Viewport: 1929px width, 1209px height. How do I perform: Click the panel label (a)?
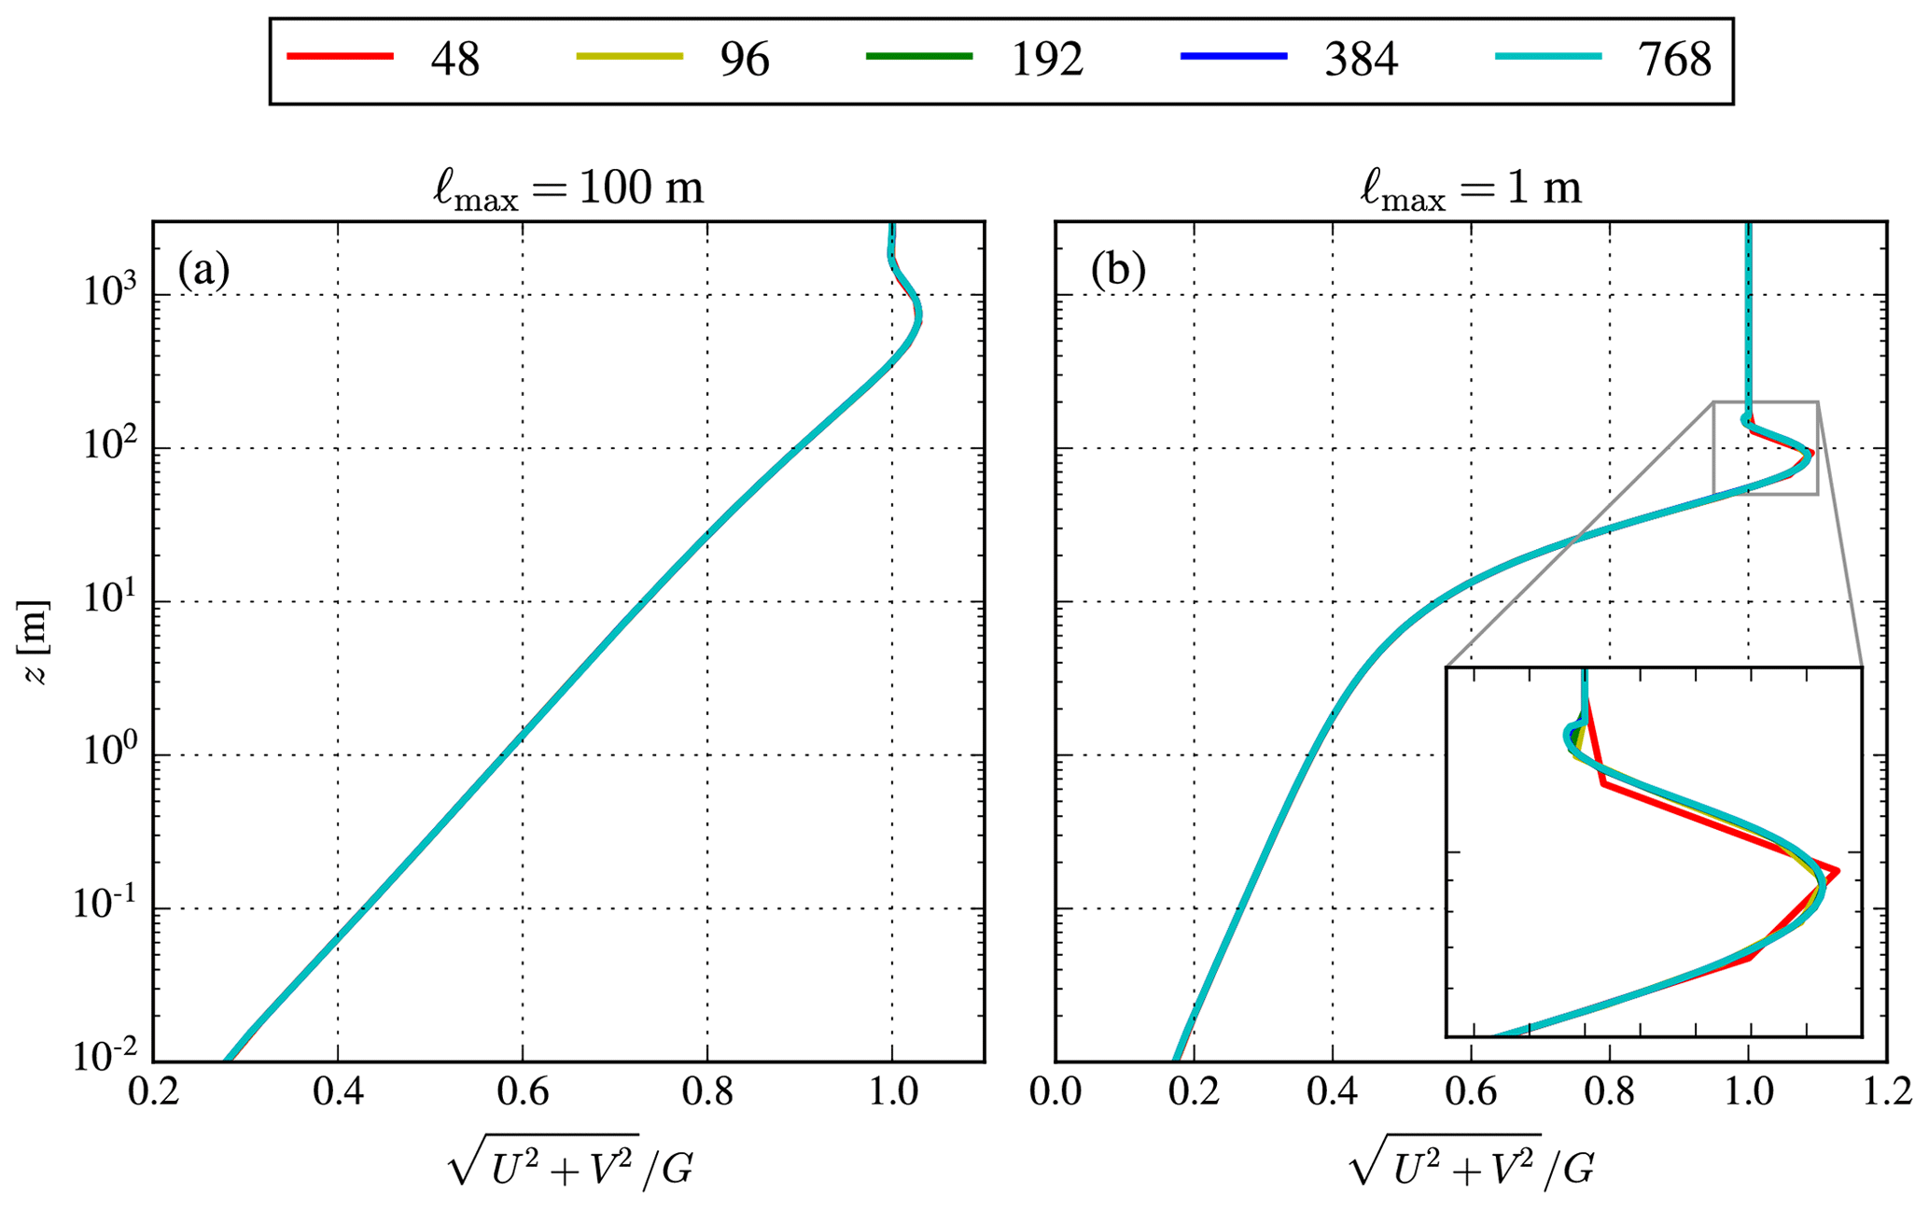click(x=203, y=271)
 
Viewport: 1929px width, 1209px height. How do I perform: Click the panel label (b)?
click(x=1118, y=271)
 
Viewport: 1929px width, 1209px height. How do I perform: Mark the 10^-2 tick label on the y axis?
click(x=105, y=1059)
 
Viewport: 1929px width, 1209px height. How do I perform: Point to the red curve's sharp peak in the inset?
click(x=1837, y=872)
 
